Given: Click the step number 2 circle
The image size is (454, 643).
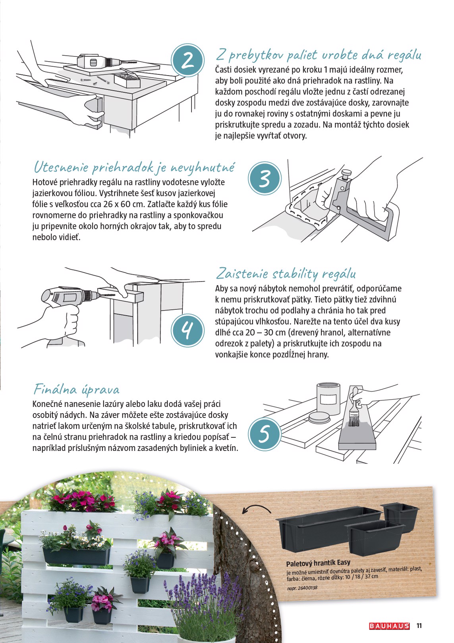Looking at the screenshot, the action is [187, 60].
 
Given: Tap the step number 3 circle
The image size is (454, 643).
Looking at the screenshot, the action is [265, 178].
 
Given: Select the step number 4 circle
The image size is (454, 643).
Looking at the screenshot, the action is [187, 331].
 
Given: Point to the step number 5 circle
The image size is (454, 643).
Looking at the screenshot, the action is [265, 434].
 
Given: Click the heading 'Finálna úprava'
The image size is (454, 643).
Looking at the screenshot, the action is [77, 390].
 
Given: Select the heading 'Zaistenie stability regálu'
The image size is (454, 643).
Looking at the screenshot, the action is [286, 274].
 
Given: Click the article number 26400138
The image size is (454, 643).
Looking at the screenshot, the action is [307, 588].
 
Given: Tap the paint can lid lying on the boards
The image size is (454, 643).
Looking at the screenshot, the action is [320, 418].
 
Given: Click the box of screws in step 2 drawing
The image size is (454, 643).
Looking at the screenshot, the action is [127, 80].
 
